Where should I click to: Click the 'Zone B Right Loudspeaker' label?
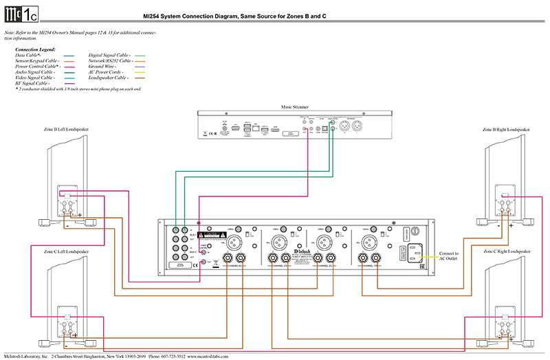click(x=506, y=129)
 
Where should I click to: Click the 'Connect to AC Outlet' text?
click(x=448, y=256)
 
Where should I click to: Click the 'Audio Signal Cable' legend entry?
click(x=36, y=71)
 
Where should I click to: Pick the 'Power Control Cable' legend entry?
click(x=38, y=66)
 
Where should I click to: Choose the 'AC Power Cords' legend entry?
click(x=107, y=71)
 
